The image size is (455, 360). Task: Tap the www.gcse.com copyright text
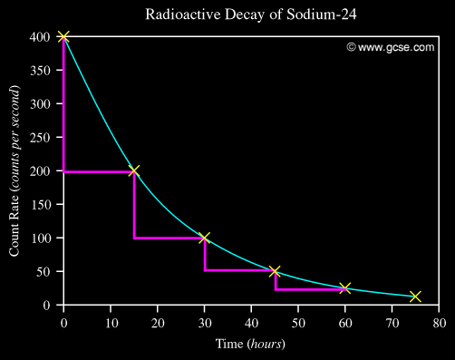(x=390, y=47)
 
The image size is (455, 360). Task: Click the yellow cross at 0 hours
(x=63, y=36)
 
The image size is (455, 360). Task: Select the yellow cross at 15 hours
(x=134, y=170)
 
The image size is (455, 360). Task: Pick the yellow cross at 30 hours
(x=204, y=238)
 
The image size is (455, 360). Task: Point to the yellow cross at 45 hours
(x=275, y=271)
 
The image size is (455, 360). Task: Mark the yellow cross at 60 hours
(x=344, y=288)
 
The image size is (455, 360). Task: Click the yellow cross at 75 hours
(x=415, y=297)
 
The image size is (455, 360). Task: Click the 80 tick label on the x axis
(x=439, y=321)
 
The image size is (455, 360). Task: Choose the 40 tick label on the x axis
(x=251, y=321)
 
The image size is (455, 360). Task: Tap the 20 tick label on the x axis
(x=158, y=321)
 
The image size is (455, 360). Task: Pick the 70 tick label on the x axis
(x=392, y=321)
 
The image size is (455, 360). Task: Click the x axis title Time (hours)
(x=251, y=344)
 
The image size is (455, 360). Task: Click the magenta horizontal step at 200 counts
(x=99, y=171)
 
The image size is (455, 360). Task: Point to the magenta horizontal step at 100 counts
(x=169, y=238)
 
